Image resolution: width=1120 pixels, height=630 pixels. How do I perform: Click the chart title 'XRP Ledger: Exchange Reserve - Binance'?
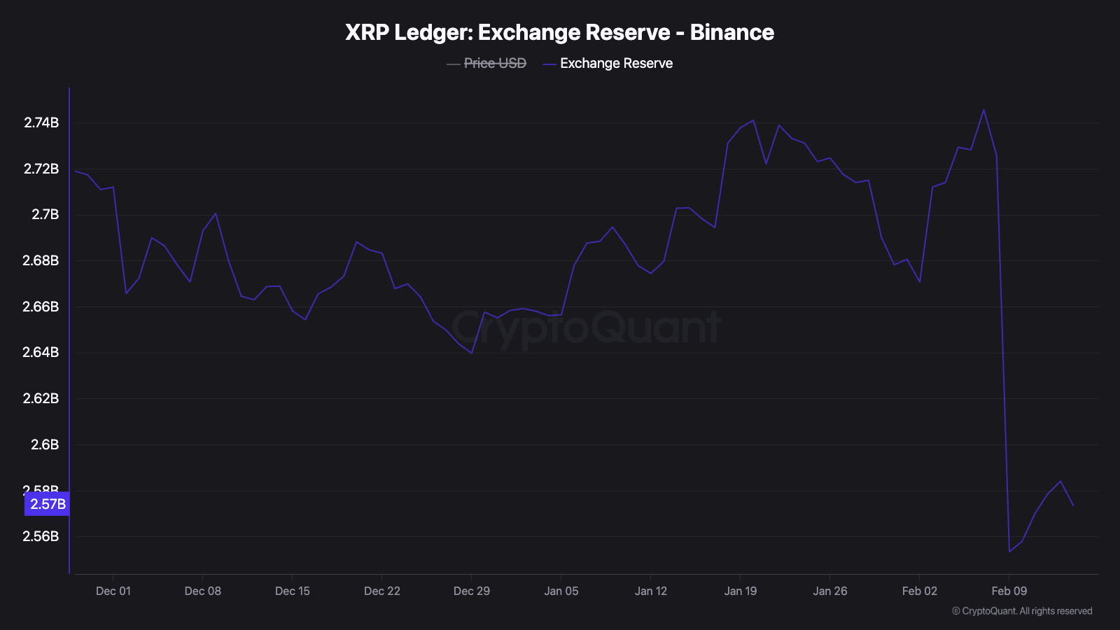tap(559, 32)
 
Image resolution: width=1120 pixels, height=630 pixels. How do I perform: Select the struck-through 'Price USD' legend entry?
tap(494, 63)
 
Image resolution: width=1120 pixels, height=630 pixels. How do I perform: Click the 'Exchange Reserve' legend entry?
tap(616, 63)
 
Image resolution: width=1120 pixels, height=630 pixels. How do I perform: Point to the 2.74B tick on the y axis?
tap(41, 122)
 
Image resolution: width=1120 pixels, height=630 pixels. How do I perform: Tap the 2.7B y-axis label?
tap(45, 214)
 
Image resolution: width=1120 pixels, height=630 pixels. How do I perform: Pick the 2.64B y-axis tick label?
tap(41, 352)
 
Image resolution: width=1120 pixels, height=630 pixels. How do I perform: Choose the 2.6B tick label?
tap(45, 444)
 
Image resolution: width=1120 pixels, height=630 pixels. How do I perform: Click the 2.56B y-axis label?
tap(41, 536)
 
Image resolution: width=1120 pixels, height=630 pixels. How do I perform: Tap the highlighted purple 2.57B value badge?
tap(48, 504)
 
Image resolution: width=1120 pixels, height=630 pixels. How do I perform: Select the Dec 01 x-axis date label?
tap(113, 591)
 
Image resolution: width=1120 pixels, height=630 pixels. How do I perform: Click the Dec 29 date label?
tap(472, 591)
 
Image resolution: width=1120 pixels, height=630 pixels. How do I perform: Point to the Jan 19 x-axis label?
tap(741, 591)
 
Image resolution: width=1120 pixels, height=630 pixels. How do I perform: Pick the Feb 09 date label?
tap(1009, 591)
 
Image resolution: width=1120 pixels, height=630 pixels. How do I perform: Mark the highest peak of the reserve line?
tap(983, 110)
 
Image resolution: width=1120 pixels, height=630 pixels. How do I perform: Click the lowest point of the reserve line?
tap(1009, 552)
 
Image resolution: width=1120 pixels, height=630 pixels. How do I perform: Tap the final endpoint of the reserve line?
tap(1073, 505)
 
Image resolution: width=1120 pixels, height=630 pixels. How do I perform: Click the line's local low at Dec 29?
tap(472, 353)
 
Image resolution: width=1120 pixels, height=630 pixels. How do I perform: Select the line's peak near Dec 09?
tap(216, 213)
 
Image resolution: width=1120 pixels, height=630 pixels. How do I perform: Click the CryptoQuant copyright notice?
tap(1022, 611)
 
